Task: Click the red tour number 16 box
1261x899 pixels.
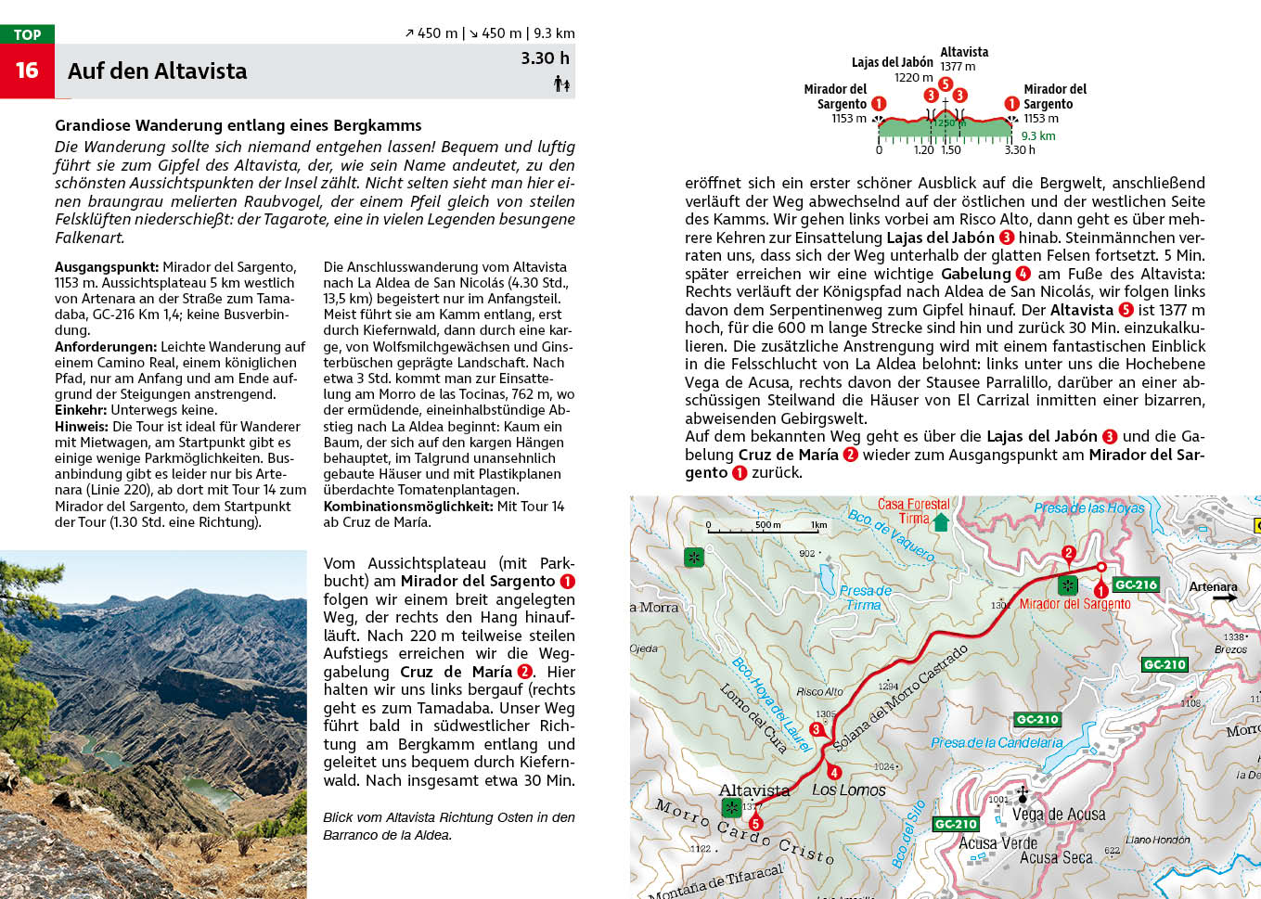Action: (27, 71)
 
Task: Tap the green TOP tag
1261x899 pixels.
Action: (27, 34)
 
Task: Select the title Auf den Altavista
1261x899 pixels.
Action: (157, 71)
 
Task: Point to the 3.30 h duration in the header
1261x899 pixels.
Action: (545, 58)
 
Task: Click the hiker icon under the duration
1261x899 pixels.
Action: (561, 84)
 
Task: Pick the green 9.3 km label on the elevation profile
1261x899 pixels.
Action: (1038, 136)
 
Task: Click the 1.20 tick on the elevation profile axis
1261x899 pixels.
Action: (924, 149)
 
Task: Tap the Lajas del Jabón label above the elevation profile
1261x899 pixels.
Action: (892, 62)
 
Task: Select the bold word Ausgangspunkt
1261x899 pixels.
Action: (106, 267)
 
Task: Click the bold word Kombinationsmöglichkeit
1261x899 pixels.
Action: (407, 507)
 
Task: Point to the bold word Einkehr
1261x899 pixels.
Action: (81, 410)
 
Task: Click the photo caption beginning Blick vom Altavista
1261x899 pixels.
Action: (448, 826)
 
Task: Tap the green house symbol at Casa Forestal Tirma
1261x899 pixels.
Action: (941, 521)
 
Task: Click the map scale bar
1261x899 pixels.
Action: (766, 531)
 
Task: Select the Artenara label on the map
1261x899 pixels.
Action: (1213, 586)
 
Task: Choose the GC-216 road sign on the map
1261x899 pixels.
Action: (1136, 584)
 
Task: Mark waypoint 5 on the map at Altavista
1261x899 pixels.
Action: (755, 823)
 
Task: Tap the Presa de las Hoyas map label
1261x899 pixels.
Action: (1088, 507)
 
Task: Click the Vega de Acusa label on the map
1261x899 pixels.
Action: (1059, 815)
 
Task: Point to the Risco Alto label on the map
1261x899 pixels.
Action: (819, 691)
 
